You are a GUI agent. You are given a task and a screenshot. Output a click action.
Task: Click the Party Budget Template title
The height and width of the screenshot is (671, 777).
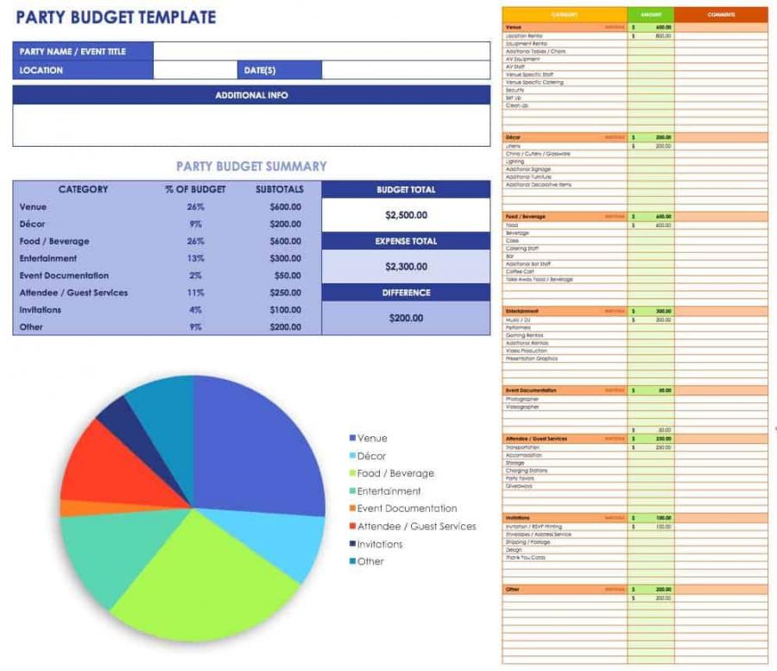tap(116, 17)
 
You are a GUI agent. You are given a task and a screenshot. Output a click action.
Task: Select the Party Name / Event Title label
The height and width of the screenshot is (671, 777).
tap(73, 52)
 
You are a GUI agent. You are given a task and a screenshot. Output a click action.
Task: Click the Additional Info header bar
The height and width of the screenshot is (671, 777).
tap(251, 95)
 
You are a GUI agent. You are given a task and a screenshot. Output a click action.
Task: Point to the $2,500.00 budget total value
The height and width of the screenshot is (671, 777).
tap(406, 215)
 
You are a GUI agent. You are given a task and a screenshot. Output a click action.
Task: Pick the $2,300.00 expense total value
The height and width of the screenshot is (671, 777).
tap(406, 267)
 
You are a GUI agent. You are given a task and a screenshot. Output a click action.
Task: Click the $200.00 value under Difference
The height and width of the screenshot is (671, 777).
tap(406, 318)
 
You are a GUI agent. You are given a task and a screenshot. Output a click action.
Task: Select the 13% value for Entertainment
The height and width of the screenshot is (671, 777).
tap(195, 258)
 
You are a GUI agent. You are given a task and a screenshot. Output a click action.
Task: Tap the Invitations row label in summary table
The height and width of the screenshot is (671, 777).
tap(41, 310)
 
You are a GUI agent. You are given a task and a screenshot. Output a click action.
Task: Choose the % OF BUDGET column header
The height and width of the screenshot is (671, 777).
tap(195, 190)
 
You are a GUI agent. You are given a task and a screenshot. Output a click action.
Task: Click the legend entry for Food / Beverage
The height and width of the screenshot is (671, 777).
tap(395, 473)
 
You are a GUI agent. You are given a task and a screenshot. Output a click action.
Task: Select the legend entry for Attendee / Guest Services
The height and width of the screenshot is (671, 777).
tap(415, 526)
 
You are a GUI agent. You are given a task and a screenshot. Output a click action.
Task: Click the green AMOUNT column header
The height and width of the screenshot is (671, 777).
tap(650, 15)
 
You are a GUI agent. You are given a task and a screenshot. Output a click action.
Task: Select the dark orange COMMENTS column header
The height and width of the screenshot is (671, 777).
tap(721, 15)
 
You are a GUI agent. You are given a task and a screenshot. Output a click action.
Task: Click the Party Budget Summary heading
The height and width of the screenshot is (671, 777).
tap(251, 167)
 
